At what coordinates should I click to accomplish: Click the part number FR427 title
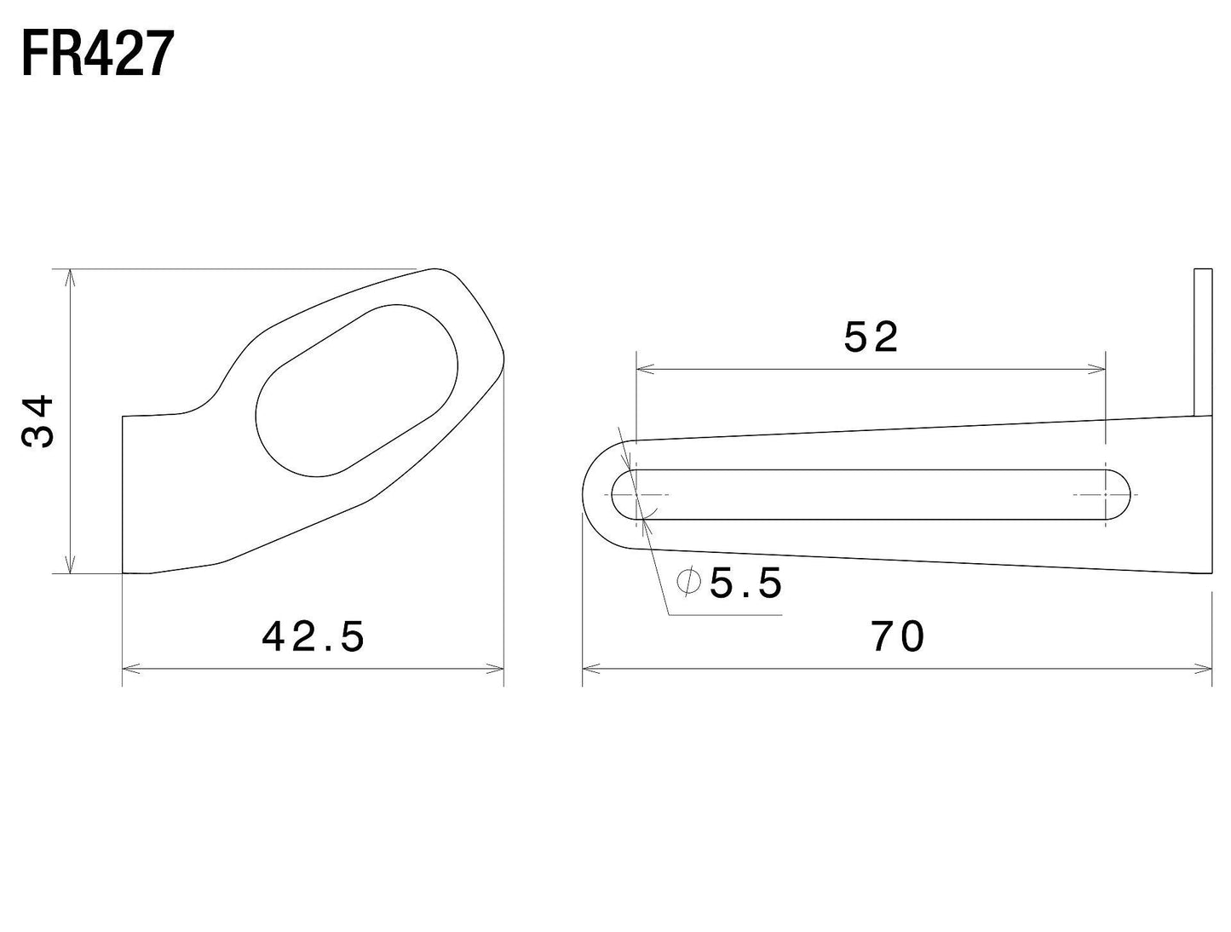pyautogui.click(x=97, y=54)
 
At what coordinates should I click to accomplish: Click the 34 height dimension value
pyautogui.click(x=39, y=422)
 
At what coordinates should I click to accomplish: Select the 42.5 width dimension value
pyautogui.click(x=314, y=636)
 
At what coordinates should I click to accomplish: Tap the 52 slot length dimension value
pyautogui.click(x=871, y=338)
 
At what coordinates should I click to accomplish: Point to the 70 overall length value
pyautogui.click(x=898, y=637)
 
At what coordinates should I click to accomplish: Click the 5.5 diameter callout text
pyautogui.click(x=745, y=584)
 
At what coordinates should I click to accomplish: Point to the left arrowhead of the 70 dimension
pyautogui.click(x=590, y=670)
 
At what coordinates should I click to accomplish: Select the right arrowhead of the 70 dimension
pyautogui.click(x=1204, y=670)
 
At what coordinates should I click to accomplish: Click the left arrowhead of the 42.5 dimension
pyautogui.click(x=130, y=670)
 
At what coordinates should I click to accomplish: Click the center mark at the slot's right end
pyautogui.click(x=1106, y=494)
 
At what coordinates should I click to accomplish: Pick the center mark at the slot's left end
pyautogui.click(x=636, y=494)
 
